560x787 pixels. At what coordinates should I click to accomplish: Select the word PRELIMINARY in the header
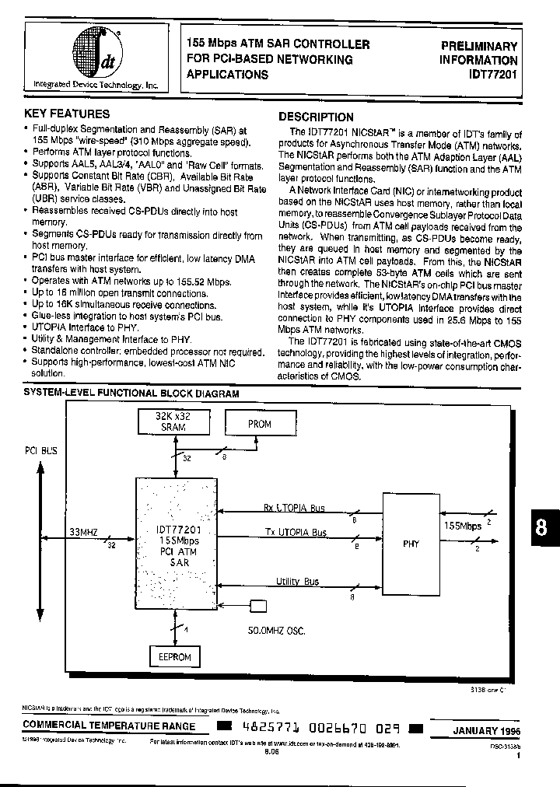pos(479,46)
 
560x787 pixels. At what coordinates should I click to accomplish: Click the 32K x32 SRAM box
pos(173,423)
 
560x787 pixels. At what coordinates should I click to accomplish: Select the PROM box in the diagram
pos(259,425)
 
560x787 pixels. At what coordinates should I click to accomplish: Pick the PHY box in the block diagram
pos(411,544)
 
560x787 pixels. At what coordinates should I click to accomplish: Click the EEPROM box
pos(174,657)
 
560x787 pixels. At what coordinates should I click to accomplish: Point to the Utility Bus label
pos(297,581)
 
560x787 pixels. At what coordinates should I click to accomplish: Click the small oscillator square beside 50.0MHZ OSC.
pos(257,606)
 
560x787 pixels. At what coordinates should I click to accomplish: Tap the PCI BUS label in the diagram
pos(41,450)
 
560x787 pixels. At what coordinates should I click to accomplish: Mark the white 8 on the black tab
pos(541,528)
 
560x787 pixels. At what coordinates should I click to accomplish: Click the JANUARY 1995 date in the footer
pos(485,732)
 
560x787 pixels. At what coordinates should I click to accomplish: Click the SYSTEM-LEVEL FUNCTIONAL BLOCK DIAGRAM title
pos(131,394)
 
